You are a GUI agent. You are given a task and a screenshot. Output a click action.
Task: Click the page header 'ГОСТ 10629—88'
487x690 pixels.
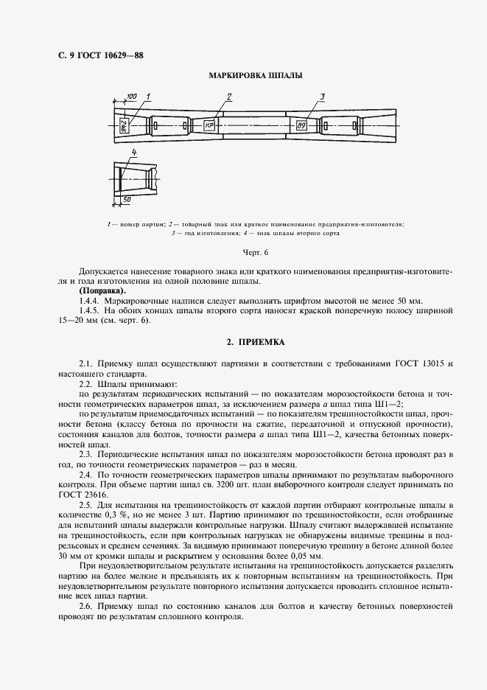(94, 55)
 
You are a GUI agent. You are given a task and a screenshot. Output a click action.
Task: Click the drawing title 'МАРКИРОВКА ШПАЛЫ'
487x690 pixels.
(255, 76)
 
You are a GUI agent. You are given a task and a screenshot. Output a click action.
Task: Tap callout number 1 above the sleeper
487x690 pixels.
(148, 97)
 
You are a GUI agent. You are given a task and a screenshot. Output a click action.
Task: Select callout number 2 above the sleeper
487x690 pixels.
(229, 97)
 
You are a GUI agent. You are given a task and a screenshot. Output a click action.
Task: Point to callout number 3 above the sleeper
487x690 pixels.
(322, 97)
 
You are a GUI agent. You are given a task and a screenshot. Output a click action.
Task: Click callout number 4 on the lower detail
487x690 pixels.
(133, 153)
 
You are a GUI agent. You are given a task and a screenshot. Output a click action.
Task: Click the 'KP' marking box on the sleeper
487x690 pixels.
(209, 125)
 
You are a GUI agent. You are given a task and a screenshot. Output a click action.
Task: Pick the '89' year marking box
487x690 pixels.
(301, 125)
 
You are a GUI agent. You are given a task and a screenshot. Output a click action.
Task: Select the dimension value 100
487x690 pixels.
(131, 97)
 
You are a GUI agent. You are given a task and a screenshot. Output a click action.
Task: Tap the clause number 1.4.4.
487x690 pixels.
(89, 302)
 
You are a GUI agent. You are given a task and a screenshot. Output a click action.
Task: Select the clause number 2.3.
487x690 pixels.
(87, 455)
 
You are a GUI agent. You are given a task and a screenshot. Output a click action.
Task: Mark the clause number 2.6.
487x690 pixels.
(87, 605)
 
